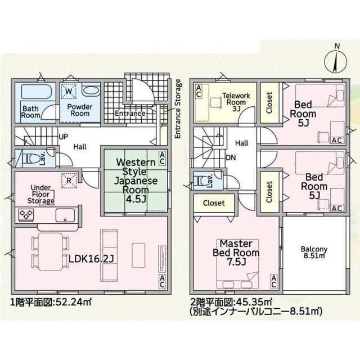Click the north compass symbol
(335, 61)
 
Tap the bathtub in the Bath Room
(37, 91)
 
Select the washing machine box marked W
(69, 91)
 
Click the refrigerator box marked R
(69, 181)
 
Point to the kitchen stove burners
(26, 215)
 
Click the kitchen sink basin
(65, 215)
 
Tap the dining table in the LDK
(51, 251)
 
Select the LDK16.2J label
(91, 259)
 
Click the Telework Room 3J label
(236, 102)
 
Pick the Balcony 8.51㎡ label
(314, 253)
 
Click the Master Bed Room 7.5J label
(236, 253)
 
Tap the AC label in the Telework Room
(199, 91)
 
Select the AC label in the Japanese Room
(162, 158)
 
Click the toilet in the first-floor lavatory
(30, 159)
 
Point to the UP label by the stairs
(63, 137)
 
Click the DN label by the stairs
(231, 157)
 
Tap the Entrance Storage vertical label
(178, 109)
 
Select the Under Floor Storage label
(40, 194)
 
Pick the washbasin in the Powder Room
(91, 91)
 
